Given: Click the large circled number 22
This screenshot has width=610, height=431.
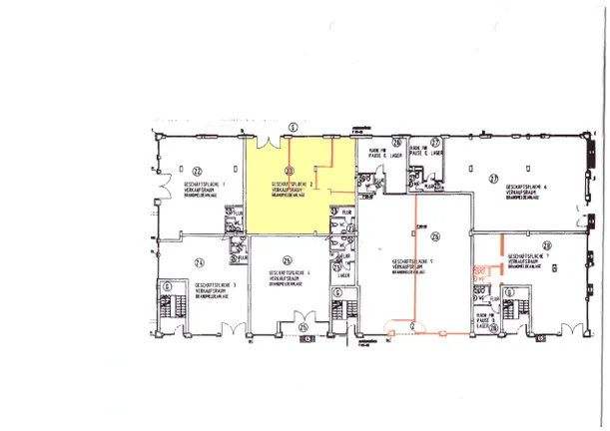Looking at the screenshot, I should click(170, 172).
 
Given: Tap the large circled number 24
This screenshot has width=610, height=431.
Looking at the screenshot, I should click(199, 262).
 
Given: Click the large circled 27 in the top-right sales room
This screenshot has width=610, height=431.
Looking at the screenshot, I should click(492, 179).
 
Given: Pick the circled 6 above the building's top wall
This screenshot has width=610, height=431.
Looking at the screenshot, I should click(293, 127).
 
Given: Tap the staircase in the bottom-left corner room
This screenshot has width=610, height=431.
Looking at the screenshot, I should click(168, 301).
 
